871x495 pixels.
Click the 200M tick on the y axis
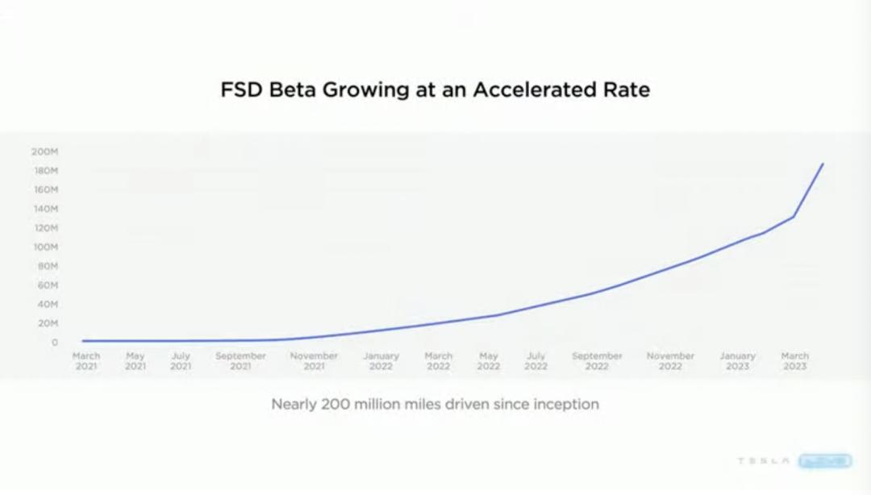point(44,152)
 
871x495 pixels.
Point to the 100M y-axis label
point(44,247)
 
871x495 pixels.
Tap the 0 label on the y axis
point(54,343)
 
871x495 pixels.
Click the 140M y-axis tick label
point(44,209)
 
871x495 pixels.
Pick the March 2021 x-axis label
point(86,360)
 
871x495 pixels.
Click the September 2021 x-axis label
point(240,360)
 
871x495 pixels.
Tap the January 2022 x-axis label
point(381,360)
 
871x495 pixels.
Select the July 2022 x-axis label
point(536,360)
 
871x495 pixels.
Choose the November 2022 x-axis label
point(670,360)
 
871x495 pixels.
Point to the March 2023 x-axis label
point(794,360)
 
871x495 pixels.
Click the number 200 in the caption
point(340,404)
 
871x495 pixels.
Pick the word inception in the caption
point(568,404)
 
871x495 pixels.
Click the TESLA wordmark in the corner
point(763,461)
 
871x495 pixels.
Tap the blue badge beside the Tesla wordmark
point(825,461)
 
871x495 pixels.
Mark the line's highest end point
point(823,164)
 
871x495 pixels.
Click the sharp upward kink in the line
point(794,216)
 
